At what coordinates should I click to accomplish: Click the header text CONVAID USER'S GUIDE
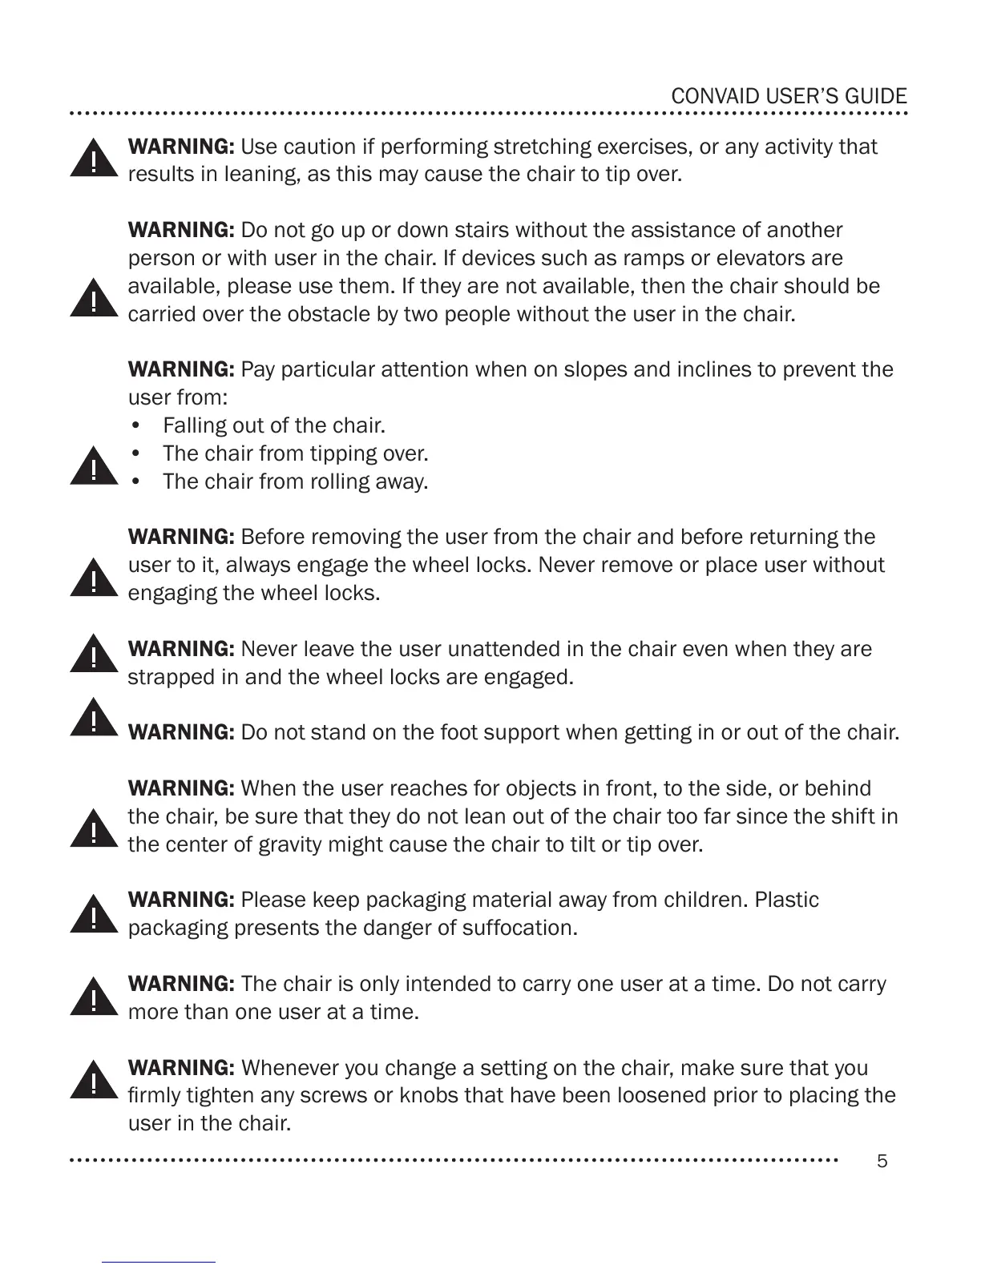click(789, 97)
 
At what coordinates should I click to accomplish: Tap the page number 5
click(882, 1161)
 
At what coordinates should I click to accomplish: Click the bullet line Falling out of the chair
click(274, 425)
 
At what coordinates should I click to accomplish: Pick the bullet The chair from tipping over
click(295, 453)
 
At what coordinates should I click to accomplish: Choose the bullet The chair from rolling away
click(295, 481)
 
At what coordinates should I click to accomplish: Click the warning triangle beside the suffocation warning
click(94, 914)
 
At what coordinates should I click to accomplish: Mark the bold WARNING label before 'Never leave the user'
click(181, 649)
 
